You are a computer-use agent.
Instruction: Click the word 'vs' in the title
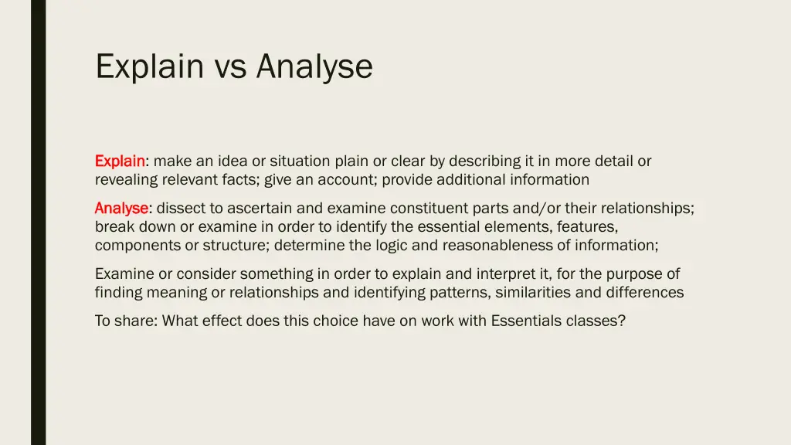pos(230,66)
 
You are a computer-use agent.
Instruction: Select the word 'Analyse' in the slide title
pos(314,66)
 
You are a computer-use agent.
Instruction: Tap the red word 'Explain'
pos(120,161)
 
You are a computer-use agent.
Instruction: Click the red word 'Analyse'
pos(122,209)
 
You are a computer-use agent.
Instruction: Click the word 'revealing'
pos(126,180)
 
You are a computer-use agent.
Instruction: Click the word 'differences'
pos(644,293)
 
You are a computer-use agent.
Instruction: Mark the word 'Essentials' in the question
pos(528,321)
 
